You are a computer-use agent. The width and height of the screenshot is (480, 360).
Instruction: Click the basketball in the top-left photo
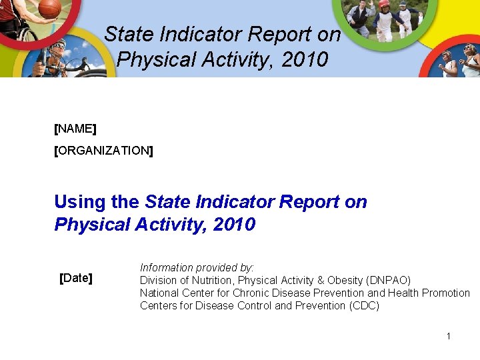[50, 9]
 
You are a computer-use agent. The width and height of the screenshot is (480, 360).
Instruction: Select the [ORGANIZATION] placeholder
[103, 151]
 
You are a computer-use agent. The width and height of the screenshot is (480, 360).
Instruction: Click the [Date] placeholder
[76, 277]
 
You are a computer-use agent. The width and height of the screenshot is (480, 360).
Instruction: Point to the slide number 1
[449, 336]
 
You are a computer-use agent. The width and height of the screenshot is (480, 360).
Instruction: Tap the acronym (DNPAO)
[389, 280]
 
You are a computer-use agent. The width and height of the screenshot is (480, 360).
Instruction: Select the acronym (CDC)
[364, 305]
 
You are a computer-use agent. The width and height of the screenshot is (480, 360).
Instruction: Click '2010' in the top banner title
[305, 59]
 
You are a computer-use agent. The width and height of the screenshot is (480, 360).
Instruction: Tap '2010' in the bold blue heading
[233, 225]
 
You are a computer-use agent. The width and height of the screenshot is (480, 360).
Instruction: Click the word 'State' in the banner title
[127, 34]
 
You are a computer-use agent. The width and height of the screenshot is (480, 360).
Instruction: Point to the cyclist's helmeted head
[59, 46]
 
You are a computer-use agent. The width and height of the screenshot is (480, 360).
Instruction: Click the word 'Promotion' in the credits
[447, 293]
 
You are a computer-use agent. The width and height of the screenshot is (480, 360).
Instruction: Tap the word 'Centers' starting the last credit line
[158, 305]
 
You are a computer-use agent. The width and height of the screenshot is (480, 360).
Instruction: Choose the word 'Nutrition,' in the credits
[213, 280]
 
